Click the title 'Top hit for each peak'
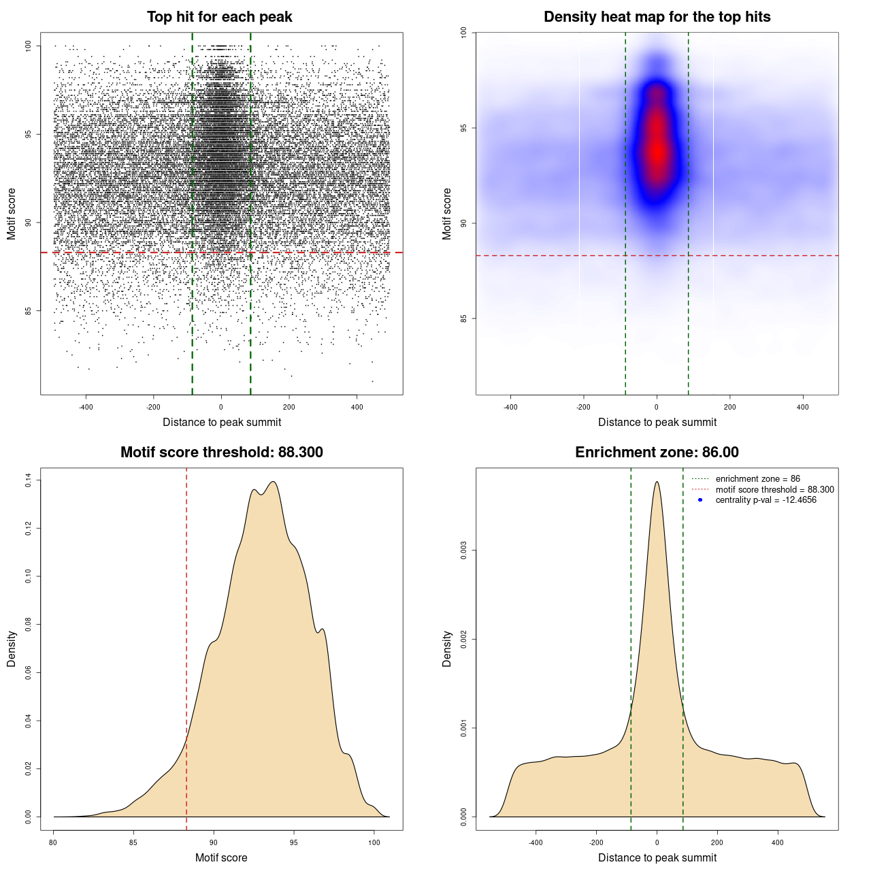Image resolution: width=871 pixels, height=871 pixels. (219, 17)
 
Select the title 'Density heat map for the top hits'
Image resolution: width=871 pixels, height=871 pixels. (657, 17)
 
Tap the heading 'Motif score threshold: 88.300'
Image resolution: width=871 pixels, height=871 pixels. (221, 453)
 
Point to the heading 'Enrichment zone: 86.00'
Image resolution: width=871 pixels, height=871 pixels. (657, 453)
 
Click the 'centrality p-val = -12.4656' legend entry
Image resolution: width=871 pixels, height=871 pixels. (766, 500)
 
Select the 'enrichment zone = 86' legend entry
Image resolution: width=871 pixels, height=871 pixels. (757, 479)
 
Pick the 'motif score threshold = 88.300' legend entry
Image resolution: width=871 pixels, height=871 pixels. (774, 490)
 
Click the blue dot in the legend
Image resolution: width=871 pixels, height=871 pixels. (700, 500)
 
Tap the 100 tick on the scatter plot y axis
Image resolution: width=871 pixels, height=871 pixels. (29, 46)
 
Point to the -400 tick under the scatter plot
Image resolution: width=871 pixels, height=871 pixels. (86, 407)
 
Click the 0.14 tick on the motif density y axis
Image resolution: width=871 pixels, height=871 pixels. (29, 480)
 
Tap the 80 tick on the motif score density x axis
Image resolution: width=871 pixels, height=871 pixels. (54, 842)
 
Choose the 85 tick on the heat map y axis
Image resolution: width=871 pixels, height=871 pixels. (464, 318)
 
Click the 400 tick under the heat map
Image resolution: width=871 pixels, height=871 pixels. (803, 407)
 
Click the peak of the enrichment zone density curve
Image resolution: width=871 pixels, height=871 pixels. (657, 482)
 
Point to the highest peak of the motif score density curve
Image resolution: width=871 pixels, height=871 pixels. (273, 482)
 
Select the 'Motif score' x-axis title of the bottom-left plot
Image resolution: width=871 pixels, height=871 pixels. (221, 857)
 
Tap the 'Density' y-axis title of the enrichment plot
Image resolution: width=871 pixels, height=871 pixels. (447, 648)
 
